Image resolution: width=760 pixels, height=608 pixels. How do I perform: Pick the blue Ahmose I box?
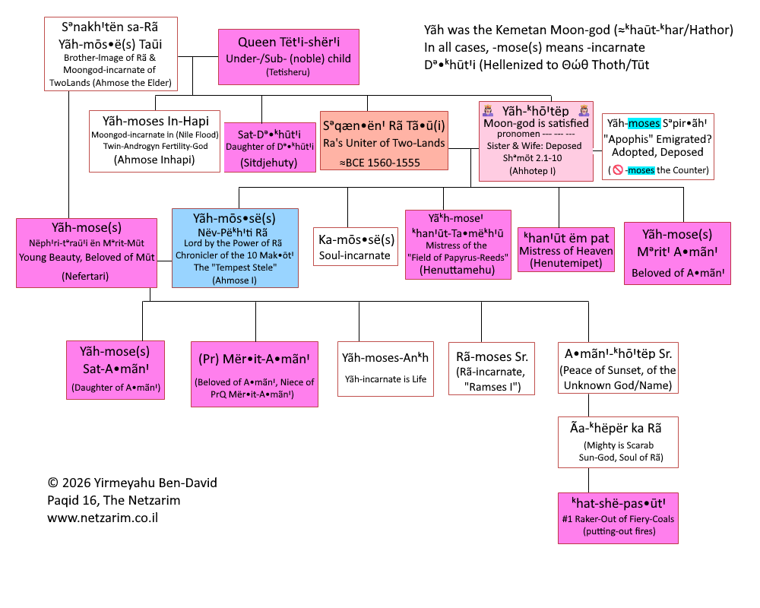coord(235,248)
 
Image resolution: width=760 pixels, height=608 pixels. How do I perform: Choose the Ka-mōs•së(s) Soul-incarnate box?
coord(356,247)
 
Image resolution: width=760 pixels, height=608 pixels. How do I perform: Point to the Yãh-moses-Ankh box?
coord(385,368)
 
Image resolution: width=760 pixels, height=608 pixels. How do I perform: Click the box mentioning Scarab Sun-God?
coord(618,442)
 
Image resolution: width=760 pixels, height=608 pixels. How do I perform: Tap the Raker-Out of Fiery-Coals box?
coord(618,518)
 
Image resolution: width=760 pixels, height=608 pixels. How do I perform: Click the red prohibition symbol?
coord(618,170)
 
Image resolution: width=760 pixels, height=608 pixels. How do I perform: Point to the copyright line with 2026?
coord(131,483)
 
